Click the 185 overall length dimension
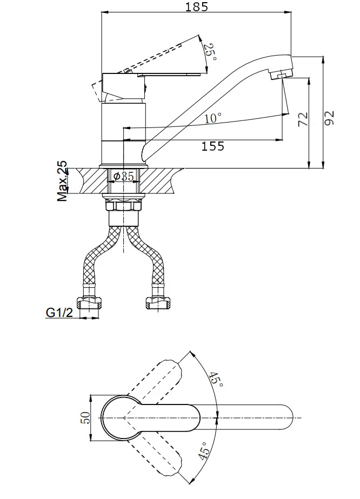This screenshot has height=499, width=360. pyautogui.click(x=197, y=7)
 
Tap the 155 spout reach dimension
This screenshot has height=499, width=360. pyautogui.click(x=212, y=146)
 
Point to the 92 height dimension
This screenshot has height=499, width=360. pyautogui.click(x=329, y=117)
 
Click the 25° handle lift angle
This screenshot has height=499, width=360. pyautogui.click(x=210, y=51)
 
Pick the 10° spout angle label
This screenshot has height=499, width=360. pyautogui.click(x=213, y=118)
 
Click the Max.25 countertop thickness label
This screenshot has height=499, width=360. pyautogui.click(x=63, y=181)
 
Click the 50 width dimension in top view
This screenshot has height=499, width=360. pyautogui.click(x=84, y=418)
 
